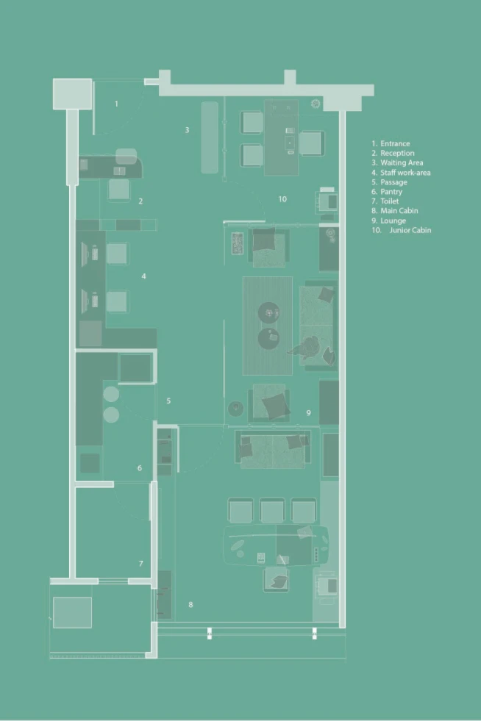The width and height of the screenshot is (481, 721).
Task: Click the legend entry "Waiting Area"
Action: (402, 162)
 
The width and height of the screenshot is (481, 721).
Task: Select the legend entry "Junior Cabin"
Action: (410, 230)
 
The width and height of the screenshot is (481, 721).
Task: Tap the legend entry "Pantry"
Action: (391, 192)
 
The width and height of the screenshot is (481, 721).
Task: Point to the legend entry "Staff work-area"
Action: (405, 173)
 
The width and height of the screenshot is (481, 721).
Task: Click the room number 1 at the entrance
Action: (116, 104)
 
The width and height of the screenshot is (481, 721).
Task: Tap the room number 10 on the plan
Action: (282, 199)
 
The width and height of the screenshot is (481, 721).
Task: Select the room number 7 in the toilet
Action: (141, 563)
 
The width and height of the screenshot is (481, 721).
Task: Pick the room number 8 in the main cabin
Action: (190, 605)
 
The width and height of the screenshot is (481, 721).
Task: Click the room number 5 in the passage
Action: (168, 401)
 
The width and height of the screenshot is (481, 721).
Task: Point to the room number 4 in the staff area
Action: (143, 276)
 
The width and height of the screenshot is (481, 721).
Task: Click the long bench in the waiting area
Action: (210, 137)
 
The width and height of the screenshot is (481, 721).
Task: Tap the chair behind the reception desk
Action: (118, 190)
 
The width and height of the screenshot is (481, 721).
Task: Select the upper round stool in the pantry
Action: (111, 394)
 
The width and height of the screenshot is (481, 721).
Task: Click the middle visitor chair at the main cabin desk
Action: (272, 511)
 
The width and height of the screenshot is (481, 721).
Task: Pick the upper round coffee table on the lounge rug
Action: (268, 313)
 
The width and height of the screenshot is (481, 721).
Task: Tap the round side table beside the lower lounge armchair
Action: (235, 409)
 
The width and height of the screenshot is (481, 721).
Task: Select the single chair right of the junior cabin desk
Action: (311, 143)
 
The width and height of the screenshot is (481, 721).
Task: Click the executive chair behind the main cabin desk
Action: (277, 579)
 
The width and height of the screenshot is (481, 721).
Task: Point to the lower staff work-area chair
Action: (117, 301)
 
